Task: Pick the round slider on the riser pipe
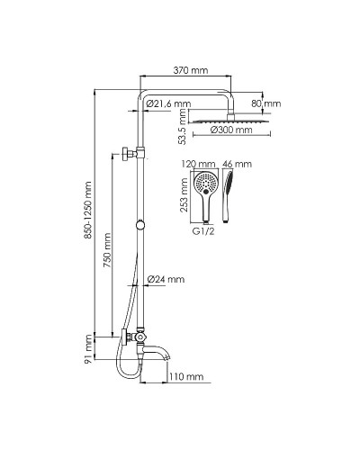pos(140,223)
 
